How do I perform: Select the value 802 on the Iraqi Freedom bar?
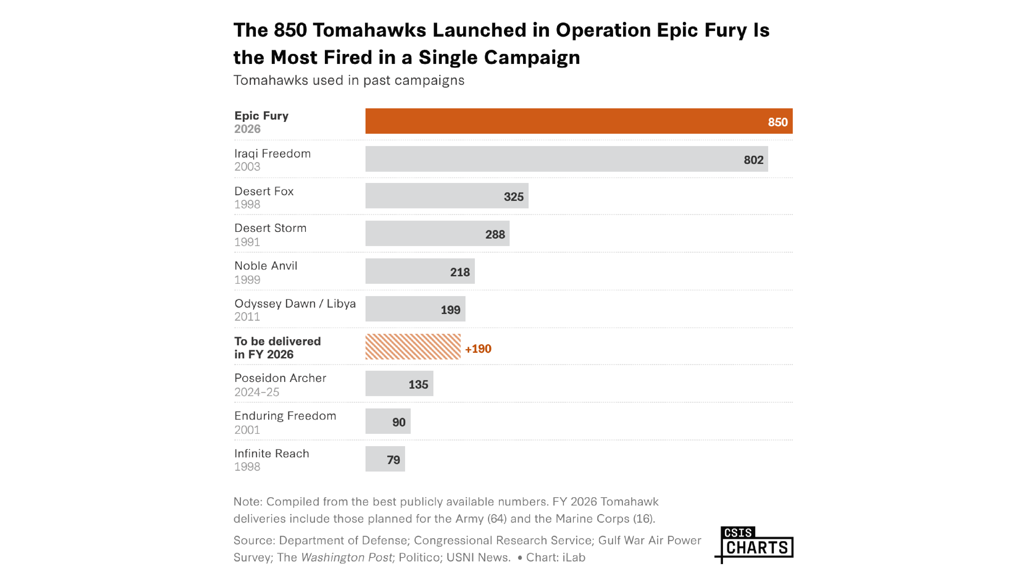tap(753, 160)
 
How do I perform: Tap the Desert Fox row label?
tap(264, 192)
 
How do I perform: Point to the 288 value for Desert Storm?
tap(495, 235)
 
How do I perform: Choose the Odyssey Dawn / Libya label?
tap(295, 304)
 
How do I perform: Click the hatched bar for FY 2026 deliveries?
tap(413, 347)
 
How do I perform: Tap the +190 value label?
tap(478, 349)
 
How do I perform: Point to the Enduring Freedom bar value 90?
tap(399, 422)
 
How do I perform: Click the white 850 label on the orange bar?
tap(778, 122)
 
